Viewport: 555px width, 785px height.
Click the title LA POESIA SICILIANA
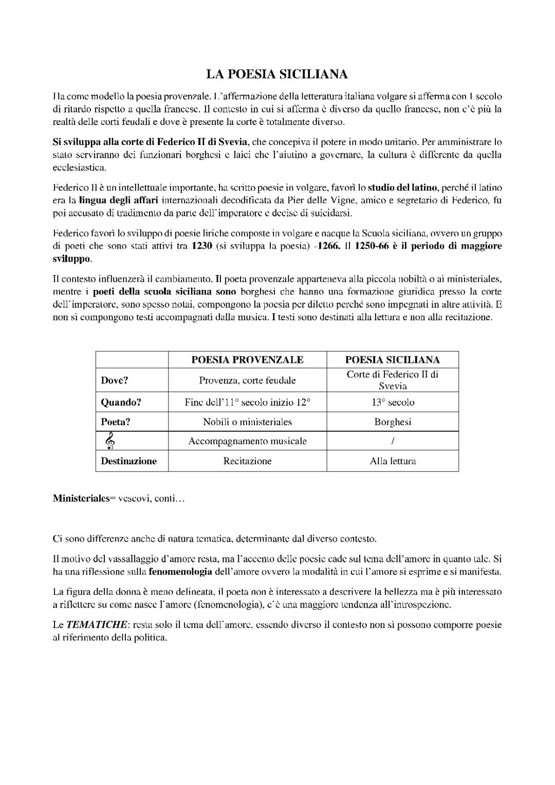[277, 75]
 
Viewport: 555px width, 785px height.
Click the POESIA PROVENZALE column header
[247, 360]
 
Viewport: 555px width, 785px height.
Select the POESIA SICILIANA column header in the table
[392, 360]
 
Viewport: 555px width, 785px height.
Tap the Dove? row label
[114, 380]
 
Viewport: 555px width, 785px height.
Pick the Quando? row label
[120, 403]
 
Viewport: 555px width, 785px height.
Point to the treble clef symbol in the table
[109, 441]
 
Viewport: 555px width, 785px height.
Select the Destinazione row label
[128, 461]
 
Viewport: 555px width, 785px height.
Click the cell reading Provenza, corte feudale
[247, 380]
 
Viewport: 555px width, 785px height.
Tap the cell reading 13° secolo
[393, 403]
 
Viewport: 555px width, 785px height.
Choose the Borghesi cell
[393, 422]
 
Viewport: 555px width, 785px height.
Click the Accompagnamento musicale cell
[247, 441]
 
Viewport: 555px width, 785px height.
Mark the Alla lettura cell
[393, 461]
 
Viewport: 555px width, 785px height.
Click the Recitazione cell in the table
[247, 461]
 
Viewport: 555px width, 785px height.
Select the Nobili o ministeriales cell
[247, 422]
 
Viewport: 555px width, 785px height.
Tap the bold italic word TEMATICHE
[97, 625]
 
